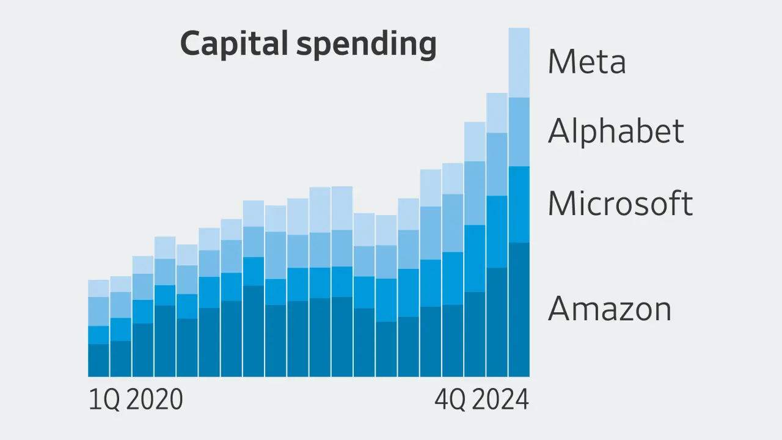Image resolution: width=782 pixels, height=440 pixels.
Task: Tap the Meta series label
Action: click(586, 62)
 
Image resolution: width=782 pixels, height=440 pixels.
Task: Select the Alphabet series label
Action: click(615, 131)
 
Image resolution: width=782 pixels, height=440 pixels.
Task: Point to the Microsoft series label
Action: click(620, 204)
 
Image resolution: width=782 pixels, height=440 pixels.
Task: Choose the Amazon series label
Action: click(609, 309)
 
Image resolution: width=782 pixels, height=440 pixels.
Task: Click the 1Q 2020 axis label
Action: click(136, 400)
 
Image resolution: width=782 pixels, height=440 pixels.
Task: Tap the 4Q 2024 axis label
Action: click(481, 400)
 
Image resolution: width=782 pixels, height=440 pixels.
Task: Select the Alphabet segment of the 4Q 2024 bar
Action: click(519, 131)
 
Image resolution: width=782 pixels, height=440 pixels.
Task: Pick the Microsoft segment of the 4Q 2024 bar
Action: click(519, 204)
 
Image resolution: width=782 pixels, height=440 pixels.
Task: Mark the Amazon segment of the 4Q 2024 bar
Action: click(519, 309)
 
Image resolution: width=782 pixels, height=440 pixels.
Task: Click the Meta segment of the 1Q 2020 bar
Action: click(98, 288)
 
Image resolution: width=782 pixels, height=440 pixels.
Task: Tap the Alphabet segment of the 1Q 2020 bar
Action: click(98, 312)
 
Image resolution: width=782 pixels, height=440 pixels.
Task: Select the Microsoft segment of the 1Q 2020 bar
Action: click(98, 335)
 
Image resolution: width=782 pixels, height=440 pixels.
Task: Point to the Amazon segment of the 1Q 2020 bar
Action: click(98, 361)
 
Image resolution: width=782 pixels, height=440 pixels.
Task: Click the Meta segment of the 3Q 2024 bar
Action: click(497, 113)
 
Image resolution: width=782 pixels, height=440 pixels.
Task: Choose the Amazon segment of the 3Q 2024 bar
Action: click(497, 322)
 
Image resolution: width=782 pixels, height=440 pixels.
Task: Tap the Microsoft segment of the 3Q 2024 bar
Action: click(497, 232)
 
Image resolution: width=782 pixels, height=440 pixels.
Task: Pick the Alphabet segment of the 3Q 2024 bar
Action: click(497, 164)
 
